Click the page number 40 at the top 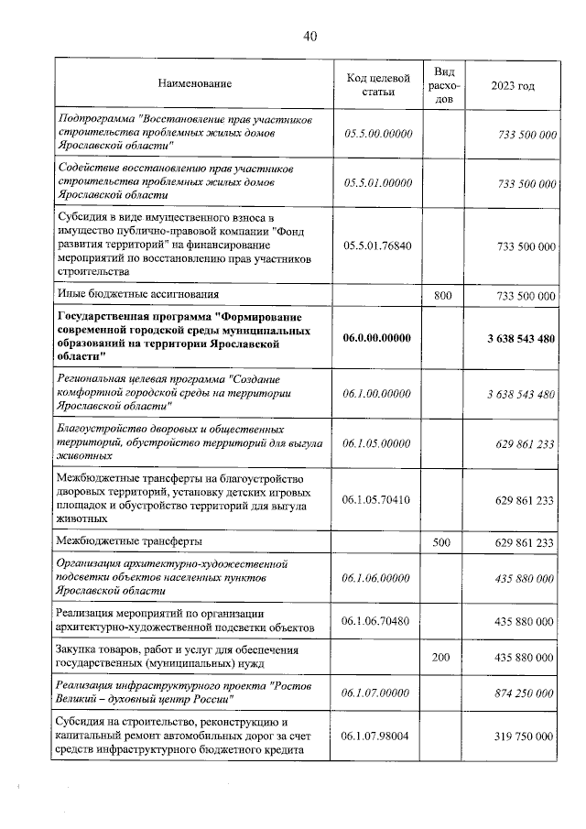pyautogui.click(x=309, y=37)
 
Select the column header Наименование pyautogui.click(x=195, y=84)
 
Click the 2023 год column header pyautogui.click(x=512, y=85)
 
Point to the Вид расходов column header pyautogui.click(x=444, y=84)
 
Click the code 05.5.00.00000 pyautogui.click(x=378, y=134)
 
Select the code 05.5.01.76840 pyautogui.click(x=377, y=247)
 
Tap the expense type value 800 pyautogui.click(x=443, y=296)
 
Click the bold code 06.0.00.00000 pyautogui.click(x=378, y=339)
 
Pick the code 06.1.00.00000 pyautogui.click(x=378, y=394)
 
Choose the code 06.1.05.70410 pyautogui.click(x=377, y=500)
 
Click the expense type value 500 pyautogui.click(x=443, y=542)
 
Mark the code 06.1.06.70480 pyautogui.click(x=377, y=621)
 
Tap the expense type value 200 pyautogui.click(x=443, y=658)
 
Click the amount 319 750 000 pyautogui.click(x=525, y=736)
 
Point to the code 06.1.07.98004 pyautogui.click(x=377, y=736)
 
